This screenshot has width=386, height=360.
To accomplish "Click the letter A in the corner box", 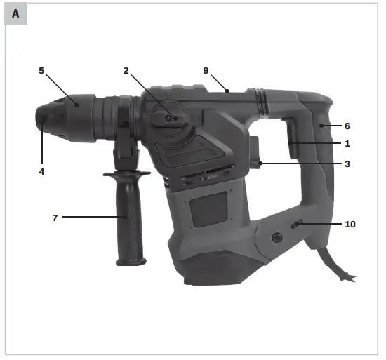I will point(15,13).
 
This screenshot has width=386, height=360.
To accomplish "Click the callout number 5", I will point(41,70).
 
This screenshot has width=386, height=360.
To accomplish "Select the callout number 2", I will point(126,70).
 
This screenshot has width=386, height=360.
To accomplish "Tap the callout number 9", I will point(206,70).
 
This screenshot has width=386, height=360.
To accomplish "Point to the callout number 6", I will point(347,126).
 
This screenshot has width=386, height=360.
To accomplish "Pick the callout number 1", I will point(347,143).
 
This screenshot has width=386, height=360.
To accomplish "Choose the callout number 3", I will point(347,164).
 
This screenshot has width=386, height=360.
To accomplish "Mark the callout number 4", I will point(41,171).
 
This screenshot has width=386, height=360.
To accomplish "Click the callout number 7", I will point(54,218).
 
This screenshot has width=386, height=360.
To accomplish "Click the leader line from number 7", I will point(91,218).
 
